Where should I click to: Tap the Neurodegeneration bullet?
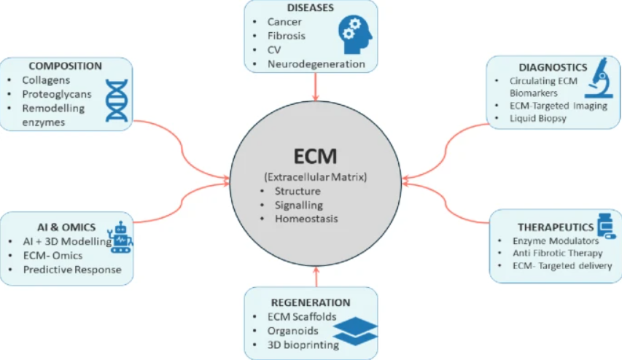(x=316, y=64)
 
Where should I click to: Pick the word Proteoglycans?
(x=58, y=94)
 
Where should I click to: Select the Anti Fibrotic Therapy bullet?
(x=556, y=253)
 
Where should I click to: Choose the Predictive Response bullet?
(x=71, y=269)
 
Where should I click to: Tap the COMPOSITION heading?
(x=66, y=66)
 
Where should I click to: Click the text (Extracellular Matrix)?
(x=316, y=177)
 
